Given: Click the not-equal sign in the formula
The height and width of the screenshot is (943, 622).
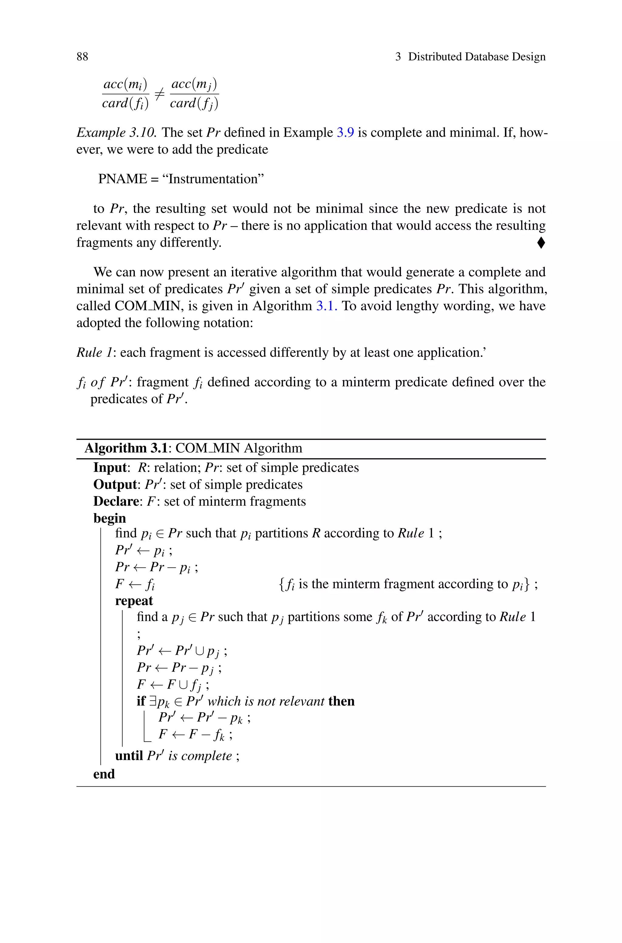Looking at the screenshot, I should [159, 94].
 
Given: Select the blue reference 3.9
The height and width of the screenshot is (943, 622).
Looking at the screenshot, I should [345, 132].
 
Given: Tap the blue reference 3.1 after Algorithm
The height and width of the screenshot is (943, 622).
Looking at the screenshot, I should [326, 306].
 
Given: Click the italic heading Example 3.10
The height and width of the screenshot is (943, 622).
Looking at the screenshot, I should [116, 132].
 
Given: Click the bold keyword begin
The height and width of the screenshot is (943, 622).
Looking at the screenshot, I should [109, 518].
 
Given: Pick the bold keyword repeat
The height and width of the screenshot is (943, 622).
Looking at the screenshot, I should [134, 601].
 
